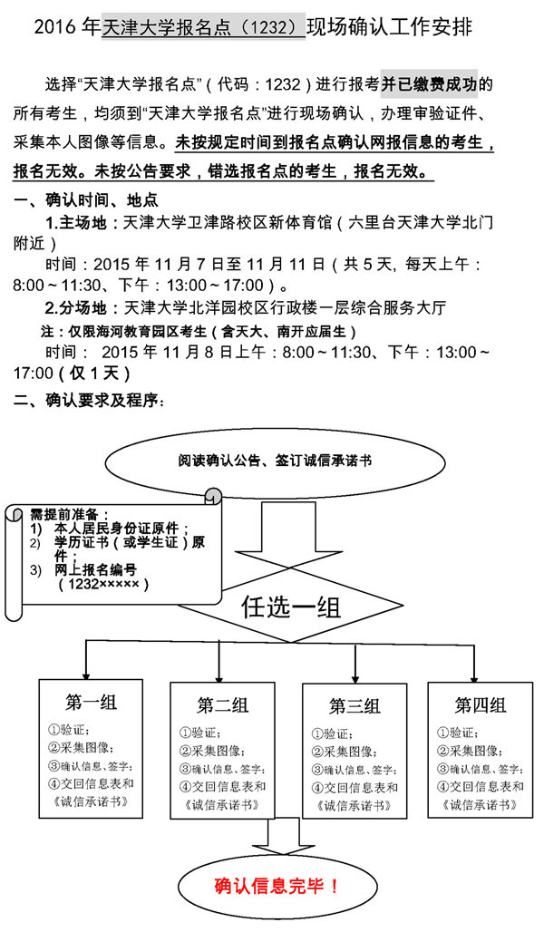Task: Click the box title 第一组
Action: (91, 702)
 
